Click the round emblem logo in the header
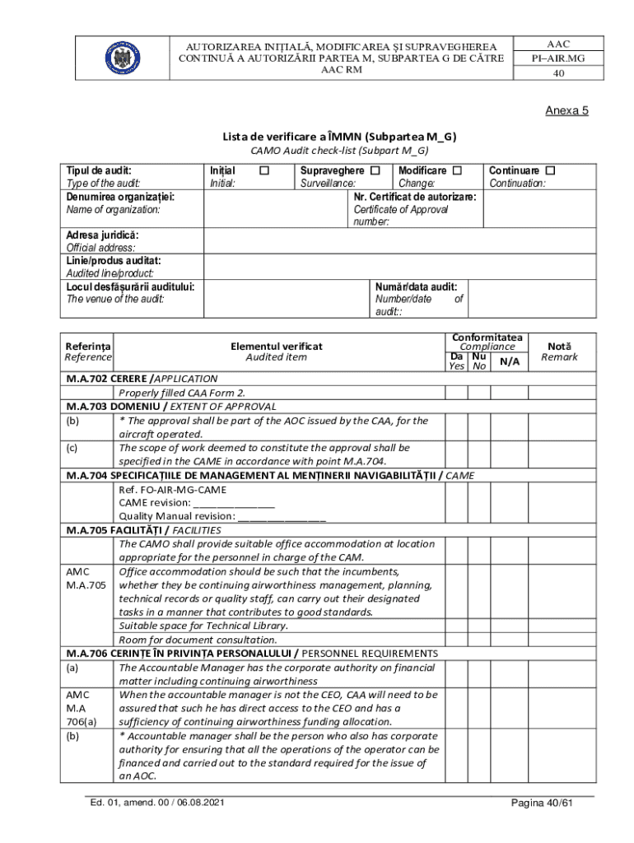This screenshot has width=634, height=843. click(122, 57)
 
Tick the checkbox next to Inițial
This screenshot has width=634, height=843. click(264, 170)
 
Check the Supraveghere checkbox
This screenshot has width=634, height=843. click(375, 170)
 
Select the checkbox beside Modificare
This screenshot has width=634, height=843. click(458, 170)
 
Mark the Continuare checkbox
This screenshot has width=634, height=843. click(551, 170)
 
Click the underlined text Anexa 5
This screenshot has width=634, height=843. click(566, 111)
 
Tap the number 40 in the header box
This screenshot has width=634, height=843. click(558, 73)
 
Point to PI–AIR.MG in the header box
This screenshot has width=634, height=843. click(558, 58)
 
